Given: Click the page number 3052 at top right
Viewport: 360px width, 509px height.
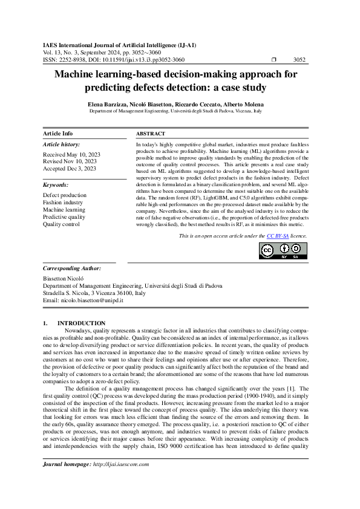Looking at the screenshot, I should [x=299, y=60].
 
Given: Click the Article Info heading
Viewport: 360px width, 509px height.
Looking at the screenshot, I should [x=57, y=133].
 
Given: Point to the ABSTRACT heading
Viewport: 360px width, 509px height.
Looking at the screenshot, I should [x=151, y=133].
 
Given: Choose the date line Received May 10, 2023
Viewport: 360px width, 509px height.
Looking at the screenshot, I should [x=71, y=155].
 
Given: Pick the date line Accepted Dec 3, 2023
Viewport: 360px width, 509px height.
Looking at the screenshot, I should [x=70, y=169].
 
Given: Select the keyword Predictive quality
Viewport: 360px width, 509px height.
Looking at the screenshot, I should [x=64, y=217].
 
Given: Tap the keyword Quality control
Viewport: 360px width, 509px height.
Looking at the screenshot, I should [x=61, y=224].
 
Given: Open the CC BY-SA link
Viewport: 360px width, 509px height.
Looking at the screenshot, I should [x=277, y=236].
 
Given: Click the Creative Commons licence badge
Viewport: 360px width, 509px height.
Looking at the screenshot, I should [x=283, y=250].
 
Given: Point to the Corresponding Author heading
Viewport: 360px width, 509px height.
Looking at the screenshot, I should [x=72, y=268].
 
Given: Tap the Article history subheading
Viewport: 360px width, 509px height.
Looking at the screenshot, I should [x=61, y=145].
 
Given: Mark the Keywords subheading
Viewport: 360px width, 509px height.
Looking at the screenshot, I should [x=56, y=185].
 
